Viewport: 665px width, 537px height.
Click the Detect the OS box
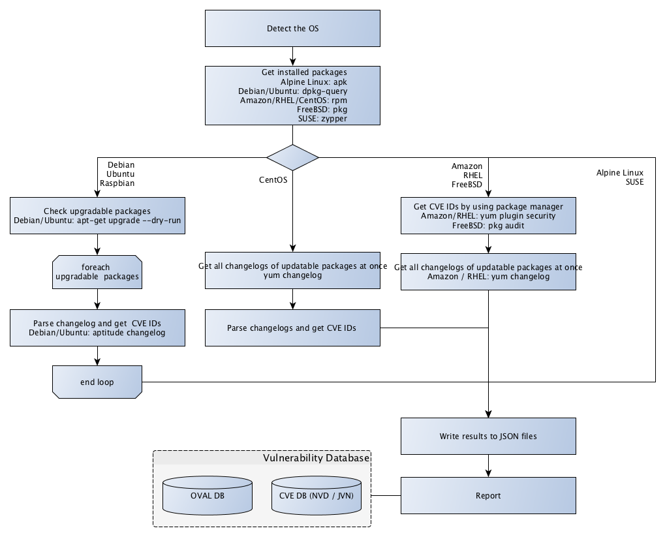coord(292,29)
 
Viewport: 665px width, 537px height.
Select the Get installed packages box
coord(292,95)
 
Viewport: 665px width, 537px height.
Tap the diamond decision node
coord(292,157)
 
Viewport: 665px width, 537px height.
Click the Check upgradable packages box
coord(97,216)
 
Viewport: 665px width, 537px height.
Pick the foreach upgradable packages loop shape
coord(97,271)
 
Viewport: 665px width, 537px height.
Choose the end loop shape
coord(97,382)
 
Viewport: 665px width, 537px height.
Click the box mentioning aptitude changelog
coord(97,328)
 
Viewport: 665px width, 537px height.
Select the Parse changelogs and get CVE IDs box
coord(292,328)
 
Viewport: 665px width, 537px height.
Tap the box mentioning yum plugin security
coord(488,216)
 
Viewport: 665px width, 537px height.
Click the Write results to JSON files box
coord(488,436)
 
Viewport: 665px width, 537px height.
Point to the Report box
coord(488,495)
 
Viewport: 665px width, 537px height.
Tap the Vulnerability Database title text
coord(316,458)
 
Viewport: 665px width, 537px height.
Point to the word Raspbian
coord(117,184)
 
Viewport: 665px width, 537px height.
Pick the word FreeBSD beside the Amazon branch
coord(467,185)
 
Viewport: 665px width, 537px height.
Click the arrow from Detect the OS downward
coord(292,57)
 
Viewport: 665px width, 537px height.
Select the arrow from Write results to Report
coord(488,466)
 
